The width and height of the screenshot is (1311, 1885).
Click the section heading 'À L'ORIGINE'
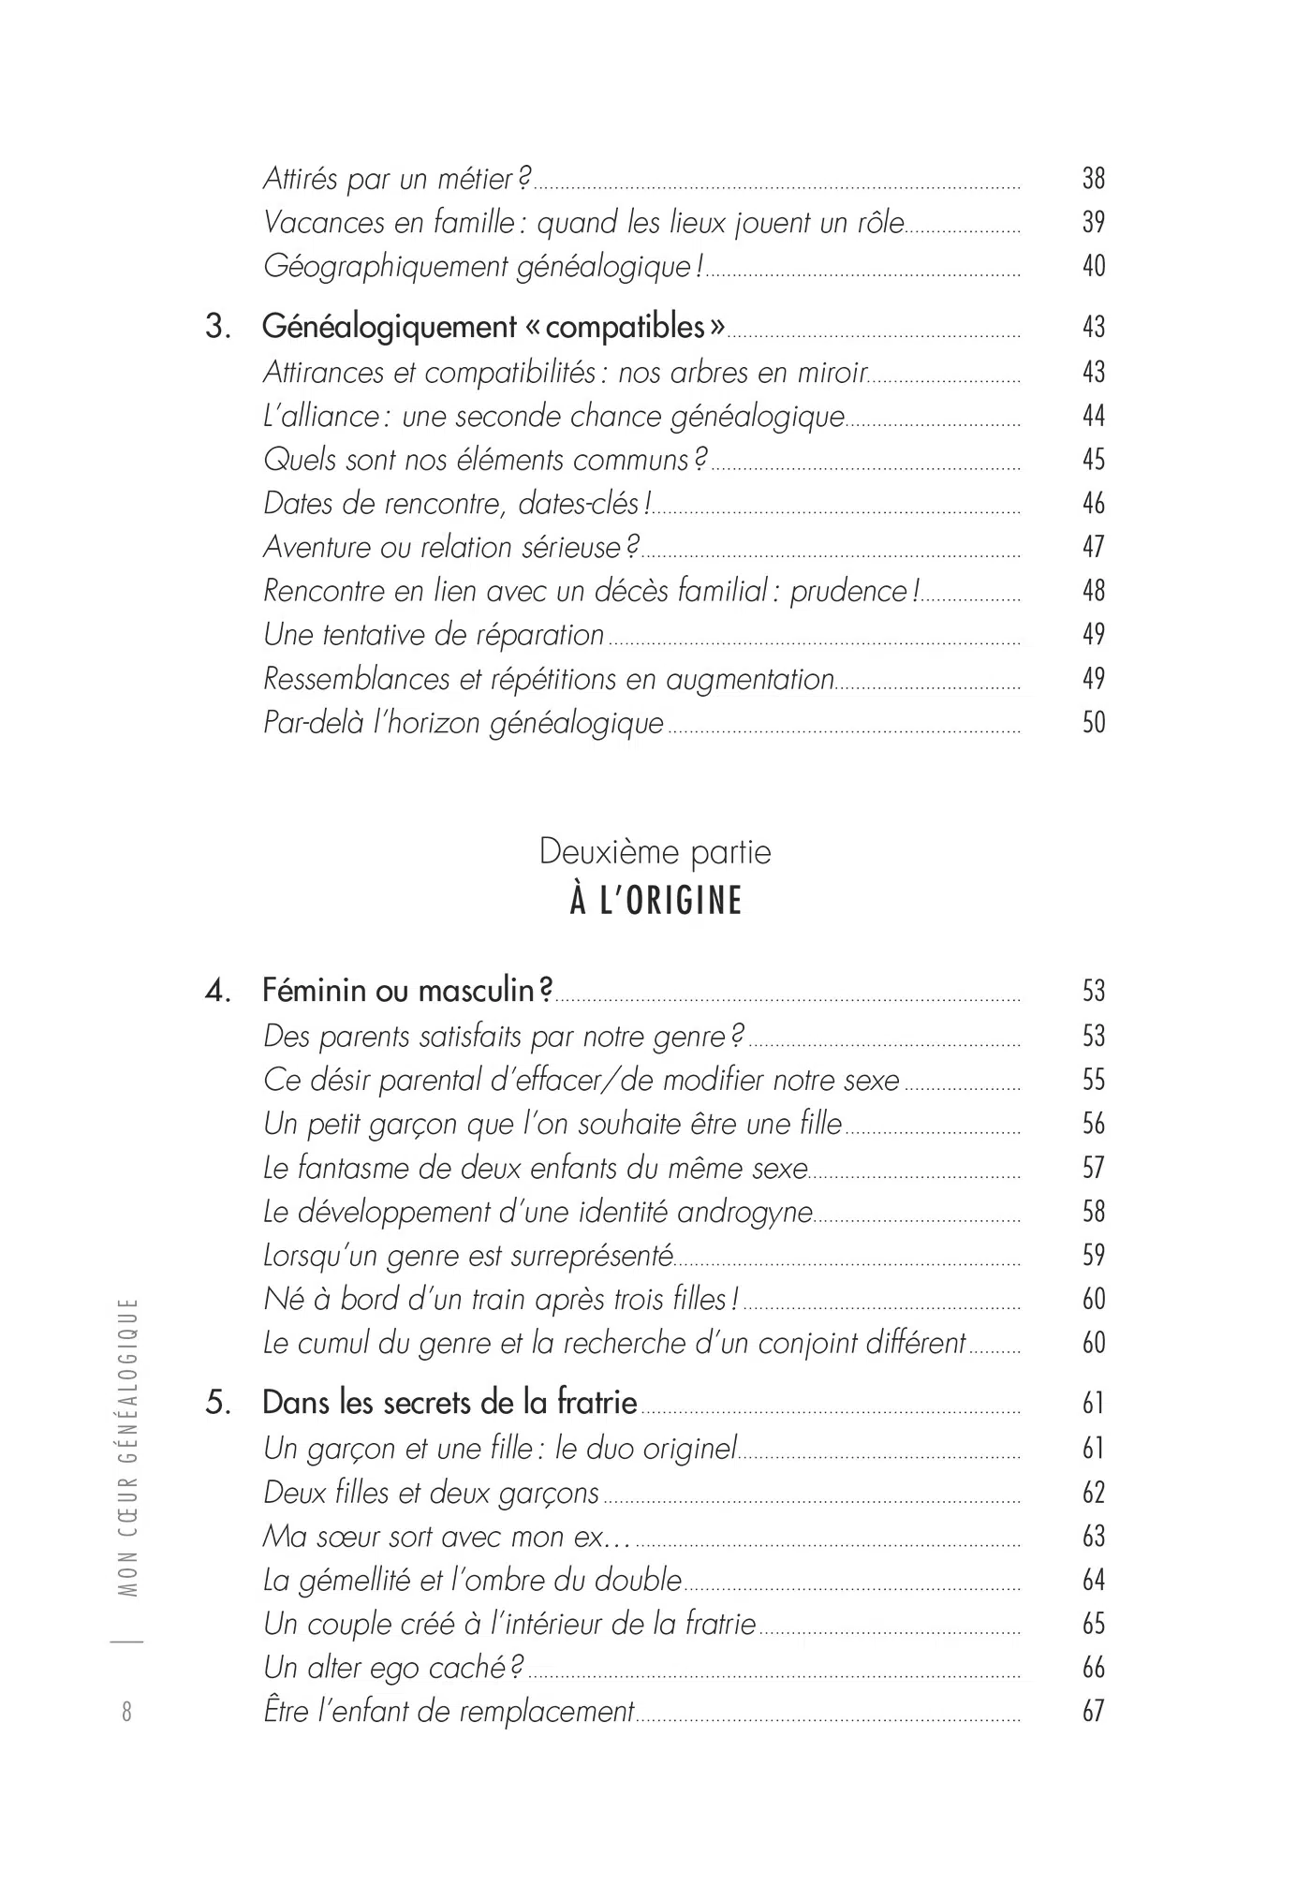pos(655,901)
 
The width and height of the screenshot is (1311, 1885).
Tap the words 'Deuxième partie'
pos(655,852)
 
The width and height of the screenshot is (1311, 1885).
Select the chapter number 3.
pos(217,328)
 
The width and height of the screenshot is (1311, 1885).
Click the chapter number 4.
pos(217,991)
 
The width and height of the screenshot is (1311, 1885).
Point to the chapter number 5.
pos(217,1403)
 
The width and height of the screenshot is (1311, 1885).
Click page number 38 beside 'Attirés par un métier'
pos(1093,178)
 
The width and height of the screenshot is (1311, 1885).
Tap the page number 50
pos(1093,722)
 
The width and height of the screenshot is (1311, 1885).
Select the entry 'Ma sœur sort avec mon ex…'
pos(447,1537)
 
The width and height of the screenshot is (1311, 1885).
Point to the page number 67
pos(1093,1712)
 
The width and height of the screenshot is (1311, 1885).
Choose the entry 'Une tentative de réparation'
pos(434,635)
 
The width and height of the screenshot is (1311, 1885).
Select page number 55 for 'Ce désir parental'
pos(1093,1080)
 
